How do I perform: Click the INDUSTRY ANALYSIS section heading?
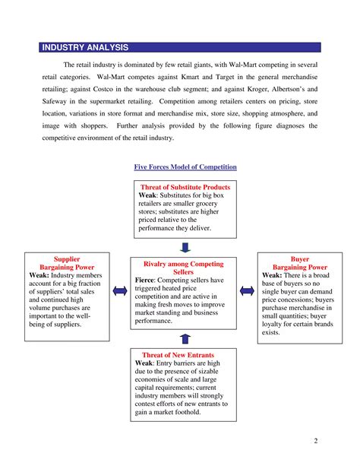click(x=85, y=47)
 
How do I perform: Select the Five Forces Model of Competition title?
click(x=185, y=166)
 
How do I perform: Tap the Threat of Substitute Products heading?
click(x=185, y=186)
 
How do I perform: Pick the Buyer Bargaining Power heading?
click(x=300, y=263)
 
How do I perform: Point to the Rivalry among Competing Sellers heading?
click(x=184, y=268)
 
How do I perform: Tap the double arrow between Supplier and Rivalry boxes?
click(x=118, y=291)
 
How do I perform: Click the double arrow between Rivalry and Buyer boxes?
click(x=247, y=291)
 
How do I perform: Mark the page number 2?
click(x=314, y=442)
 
